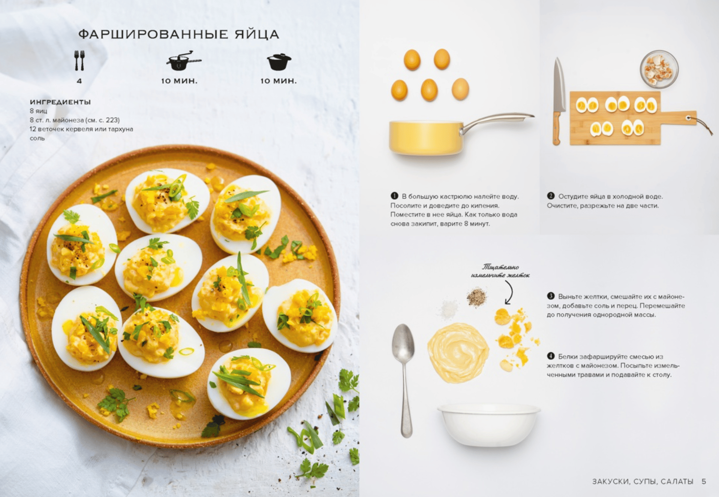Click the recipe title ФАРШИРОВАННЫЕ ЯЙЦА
click(178, 34)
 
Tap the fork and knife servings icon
click(79, 60)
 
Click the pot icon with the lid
click(279, 62)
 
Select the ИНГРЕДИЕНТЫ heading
click(60, 102)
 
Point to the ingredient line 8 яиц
click(38, 111)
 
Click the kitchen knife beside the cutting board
click(558, 101)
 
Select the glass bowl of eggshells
click(659, 69)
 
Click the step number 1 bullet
click(394, 196)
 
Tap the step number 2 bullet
click(550, 196)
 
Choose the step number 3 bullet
click(550, 296)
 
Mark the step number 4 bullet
click(550, 356)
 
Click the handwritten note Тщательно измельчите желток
click(500, 271)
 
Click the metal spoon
click(404, 378)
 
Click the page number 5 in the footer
click(704, 481)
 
